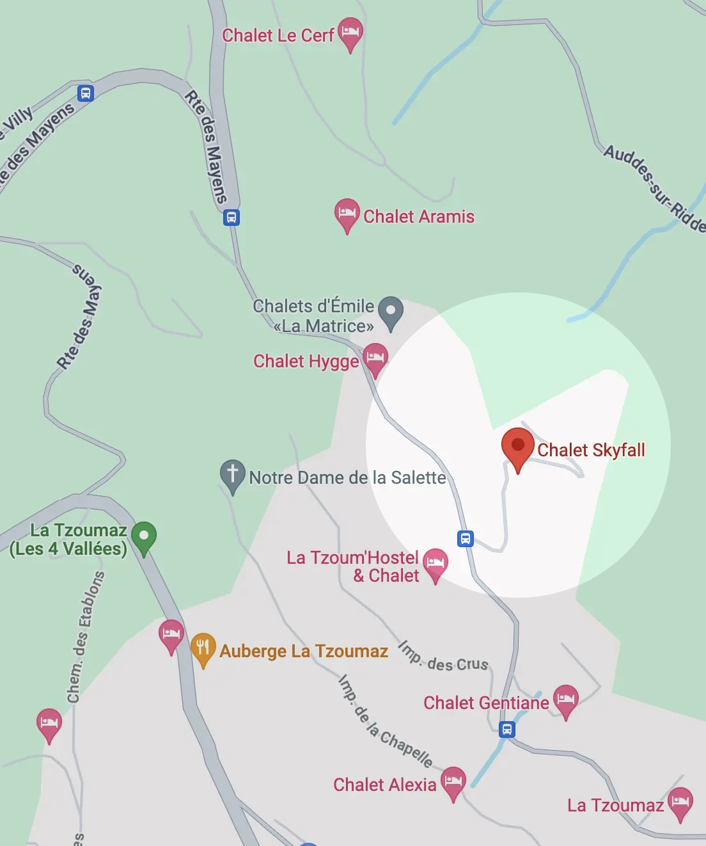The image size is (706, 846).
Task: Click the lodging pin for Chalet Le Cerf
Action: tap(350, 32)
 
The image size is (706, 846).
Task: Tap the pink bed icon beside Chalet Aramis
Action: tap(347, 212)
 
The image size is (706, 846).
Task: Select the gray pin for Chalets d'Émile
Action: tap(391, 310)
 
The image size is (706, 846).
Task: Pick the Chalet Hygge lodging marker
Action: tap(375, 357)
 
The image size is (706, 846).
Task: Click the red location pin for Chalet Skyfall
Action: tap(517, 447)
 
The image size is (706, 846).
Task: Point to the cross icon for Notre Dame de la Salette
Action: tap(233, 474)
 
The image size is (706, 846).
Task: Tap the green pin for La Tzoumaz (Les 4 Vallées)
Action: tap(144, 536)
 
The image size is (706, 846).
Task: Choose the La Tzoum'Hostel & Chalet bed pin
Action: tap(435, 563)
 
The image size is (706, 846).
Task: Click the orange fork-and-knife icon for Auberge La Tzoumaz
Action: tap(203, 647)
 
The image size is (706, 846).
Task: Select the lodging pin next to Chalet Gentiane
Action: tap(566, 699)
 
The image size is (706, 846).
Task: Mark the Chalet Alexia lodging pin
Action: tap(453, 781)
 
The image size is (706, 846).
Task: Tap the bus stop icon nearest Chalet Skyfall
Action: tap(466, 538)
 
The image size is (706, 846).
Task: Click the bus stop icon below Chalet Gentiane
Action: tap(507, 729)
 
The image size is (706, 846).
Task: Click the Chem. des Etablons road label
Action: tap(85, 637)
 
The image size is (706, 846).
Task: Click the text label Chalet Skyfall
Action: tap(591, 450)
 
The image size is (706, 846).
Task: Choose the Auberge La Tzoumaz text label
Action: tap(304, 651)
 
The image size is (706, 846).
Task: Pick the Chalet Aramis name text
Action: tap(419, 217)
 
